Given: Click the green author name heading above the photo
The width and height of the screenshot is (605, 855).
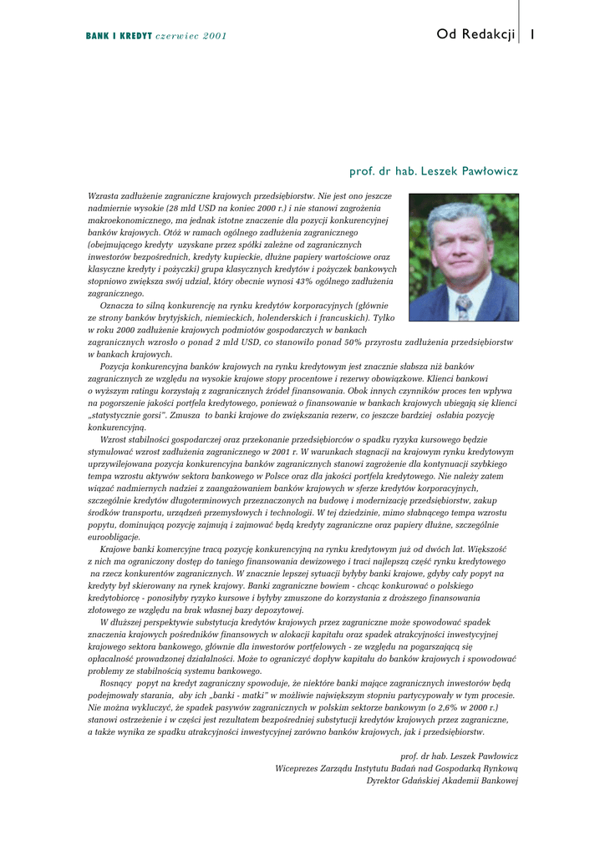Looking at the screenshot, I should click(x=433, y=171).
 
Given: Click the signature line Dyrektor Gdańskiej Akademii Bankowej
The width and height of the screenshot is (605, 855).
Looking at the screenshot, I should click(x=442, y=781).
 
